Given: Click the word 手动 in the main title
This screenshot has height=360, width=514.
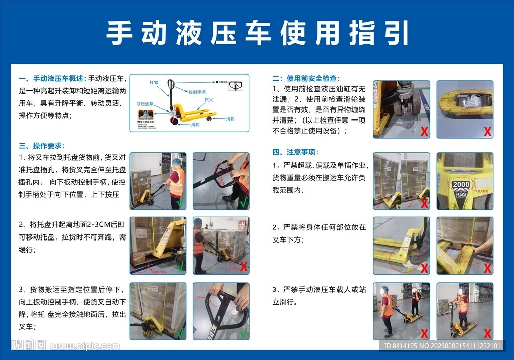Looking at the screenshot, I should tap(131, 33).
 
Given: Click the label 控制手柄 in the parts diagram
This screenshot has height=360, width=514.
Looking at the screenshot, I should tap(197, 92).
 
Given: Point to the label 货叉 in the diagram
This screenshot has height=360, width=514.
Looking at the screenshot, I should tap(209, 100).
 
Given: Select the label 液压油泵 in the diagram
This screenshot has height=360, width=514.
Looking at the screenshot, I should tap(145, 104).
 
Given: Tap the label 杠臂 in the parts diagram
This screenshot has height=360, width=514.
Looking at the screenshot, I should tap(154, 82).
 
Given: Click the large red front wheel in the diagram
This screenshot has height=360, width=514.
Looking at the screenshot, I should tap(174, 121).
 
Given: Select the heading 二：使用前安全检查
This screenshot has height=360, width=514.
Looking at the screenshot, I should tap(306, 78).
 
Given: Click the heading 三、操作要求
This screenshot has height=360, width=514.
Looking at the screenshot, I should tap(42, 146).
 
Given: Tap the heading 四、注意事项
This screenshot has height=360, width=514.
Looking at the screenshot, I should tap(295, 152).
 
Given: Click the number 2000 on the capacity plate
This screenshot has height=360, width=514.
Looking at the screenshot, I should tap(461, 185).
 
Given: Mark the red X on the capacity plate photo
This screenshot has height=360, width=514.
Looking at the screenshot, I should tap(487, 203).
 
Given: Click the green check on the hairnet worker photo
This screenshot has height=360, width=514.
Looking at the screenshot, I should tap(180, 203).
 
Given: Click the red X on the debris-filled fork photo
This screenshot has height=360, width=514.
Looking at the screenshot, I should tap(487, 132).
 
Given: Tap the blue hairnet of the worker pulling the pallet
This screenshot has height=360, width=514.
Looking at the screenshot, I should tap(176, 162).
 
